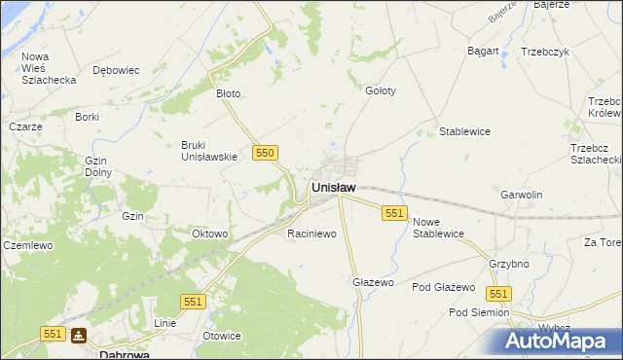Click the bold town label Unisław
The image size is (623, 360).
tap(333, 187)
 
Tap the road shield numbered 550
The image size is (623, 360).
tap(266, 153)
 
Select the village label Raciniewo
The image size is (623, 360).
tap(311, 234)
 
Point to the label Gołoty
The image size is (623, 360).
tap(380, 90)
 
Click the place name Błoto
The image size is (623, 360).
tap(228, 94)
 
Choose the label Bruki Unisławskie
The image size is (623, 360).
tap(209, 151)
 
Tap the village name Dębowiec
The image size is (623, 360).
tap(116, 70)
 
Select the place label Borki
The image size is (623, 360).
tap(88, 117)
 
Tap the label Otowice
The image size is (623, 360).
tap(221, 336)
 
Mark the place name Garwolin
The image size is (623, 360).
tap(521, 195)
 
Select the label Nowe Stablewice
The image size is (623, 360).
tap(438, 228)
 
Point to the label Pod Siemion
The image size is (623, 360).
tap(478, 312)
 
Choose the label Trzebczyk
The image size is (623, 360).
tap(544, 52)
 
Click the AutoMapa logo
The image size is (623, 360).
tap(563, 342)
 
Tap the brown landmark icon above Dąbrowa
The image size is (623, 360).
tap(79, 336)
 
